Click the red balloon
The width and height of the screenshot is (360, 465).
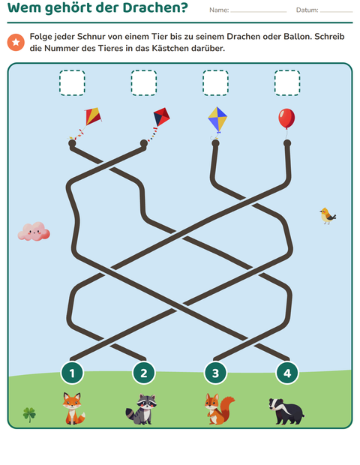(286, 118)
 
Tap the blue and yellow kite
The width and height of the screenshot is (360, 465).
(217, 119)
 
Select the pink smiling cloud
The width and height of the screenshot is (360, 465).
(34, 231)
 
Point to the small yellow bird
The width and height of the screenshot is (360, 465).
(328, 215)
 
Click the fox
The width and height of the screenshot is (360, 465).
(73, 408)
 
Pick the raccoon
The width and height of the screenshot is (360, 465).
(142, 409)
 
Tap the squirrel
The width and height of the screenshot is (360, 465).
(218, 409)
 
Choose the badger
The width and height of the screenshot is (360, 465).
(286, 411)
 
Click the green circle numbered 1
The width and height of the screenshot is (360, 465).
(72, 373)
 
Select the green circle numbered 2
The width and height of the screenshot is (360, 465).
(144, 373)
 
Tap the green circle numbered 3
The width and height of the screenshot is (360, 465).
(215, 373)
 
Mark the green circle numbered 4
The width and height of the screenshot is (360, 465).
(287, 373)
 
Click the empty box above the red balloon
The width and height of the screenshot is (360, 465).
(287, 82)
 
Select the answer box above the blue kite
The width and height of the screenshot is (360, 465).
(215, 82)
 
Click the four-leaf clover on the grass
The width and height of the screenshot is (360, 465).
(29, 415)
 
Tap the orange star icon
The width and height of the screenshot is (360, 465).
(16, 42)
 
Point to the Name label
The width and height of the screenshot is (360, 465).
(219, 10)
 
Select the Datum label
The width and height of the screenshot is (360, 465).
(307, 10)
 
